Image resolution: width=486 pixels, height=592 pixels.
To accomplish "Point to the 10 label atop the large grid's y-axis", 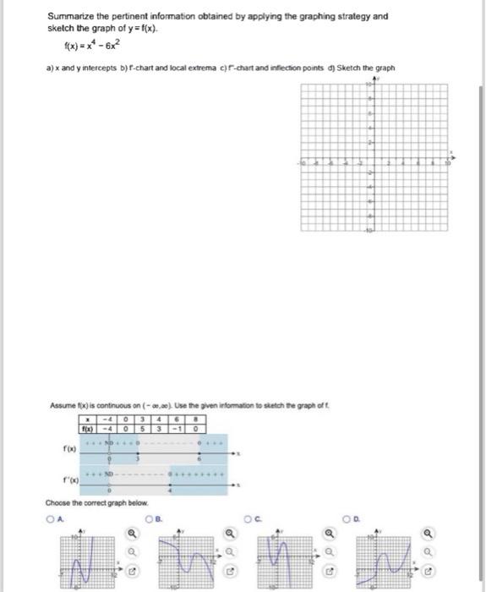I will point(368,86).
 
